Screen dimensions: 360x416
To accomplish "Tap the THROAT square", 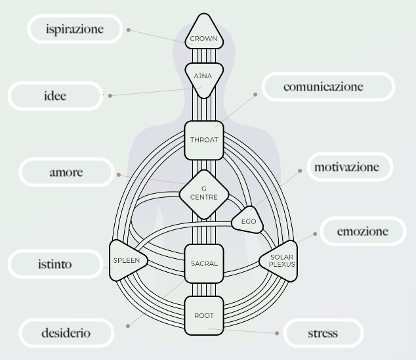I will [203, 140].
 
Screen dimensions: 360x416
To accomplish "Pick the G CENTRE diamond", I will [204, 194].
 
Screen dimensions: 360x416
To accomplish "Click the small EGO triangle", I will [248, 222].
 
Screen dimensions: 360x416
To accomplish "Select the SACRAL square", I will [203, 263].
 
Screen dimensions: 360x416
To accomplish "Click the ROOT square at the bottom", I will [203, 316].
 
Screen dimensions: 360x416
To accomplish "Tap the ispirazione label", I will [75, 29].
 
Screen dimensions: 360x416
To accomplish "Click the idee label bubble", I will [56, 97].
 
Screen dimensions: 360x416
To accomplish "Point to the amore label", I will [66, 173].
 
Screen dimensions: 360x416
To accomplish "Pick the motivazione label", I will [346, 167].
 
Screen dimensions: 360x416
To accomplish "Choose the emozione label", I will [362, 231].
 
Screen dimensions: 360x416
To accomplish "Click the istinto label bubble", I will [55, 265].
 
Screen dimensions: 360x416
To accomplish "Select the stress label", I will [323, 333].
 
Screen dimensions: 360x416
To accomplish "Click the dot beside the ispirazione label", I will [129, 30].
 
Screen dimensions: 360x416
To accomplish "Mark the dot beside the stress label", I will [277, 333].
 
